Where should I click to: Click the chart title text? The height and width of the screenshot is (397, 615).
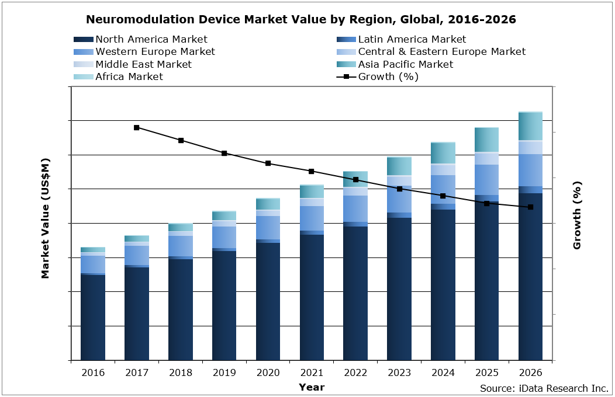(x=301, y=19)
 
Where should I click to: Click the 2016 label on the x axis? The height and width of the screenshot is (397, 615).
(x=93, y=372)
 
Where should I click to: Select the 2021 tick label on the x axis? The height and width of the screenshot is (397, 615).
(x=312, y=372)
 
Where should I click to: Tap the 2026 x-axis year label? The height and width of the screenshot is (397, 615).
(x=530, y=372)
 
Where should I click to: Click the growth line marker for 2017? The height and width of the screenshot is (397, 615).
(x=137, y=127)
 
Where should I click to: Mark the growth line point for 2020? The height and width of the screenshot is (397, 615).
(x=268, y=163)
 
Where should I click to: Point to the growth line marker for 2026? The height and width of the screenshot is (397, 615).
(x=531, y=207)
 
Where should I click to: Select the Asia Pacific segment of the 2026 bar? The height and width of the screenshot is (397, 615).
(x=530, y=126)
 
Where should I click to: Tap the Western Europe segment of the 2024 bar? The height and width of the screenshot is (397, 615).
(x=443, y=189)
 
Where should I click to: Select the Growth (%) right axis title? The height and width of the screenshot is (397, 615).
(x=577, y=215)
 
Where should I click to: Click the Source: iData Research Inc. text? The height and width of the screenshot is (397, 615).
(x=544, y=388)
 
